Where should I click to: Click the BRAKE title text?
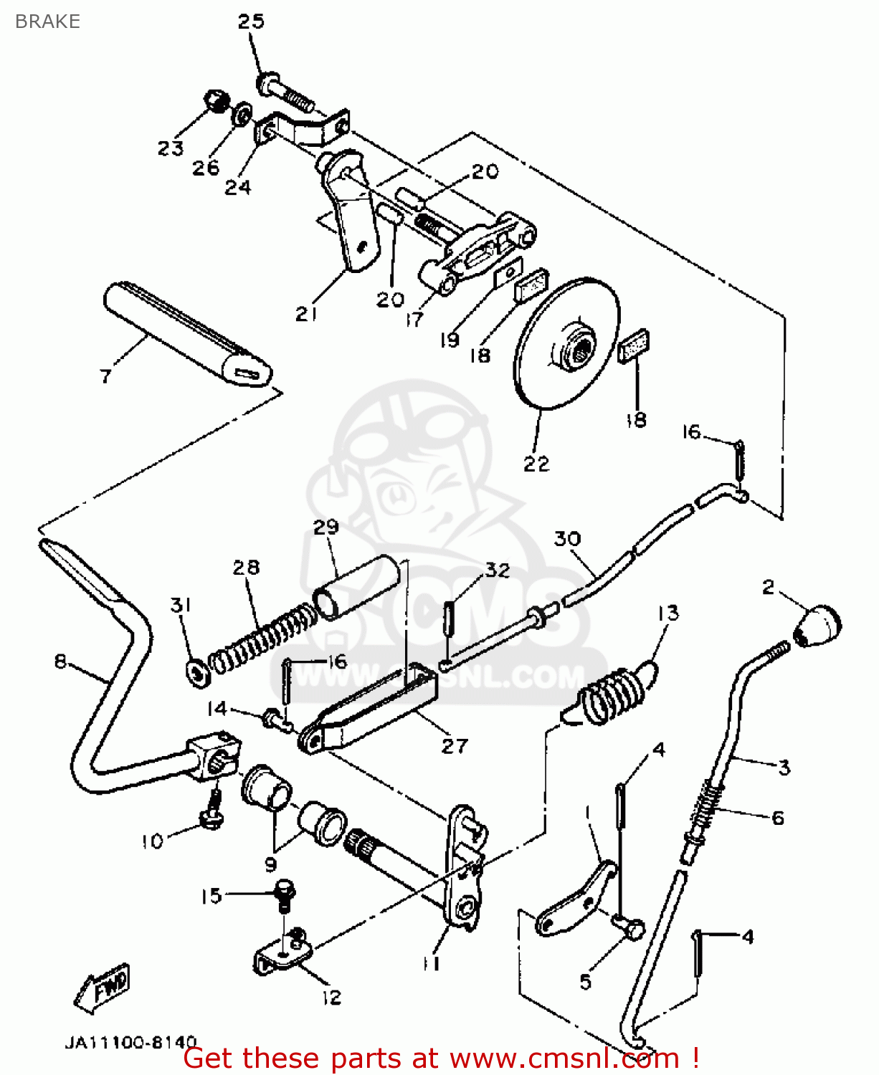[47, 21]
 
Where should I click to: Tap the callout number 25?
[251, 21]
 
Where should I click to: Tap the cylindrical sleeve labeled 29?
[356, 587]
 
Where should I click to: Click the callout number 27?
[455, 746]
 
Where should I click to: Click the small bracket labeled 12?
[283, 957]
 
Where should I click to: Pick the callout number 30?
[567, 539]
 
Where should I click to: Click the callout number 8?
[60, 661]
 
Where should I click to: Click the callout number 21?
[306, 314]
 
